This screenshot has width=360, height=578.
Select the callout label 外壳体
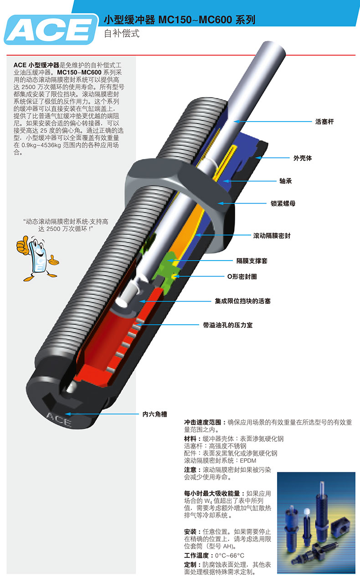(303, 158)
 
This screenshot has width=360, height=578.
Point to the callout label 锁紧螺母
(283, 203)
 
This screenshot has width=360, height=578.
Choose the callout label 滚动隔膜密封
(272, 236)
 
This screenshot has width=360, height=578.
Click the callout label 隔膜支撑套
(252, 261)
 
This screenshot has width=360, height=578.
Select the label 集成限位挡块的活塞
(242, 301)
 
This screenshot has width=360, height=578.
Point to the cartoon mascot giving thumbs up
(37, 257)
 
